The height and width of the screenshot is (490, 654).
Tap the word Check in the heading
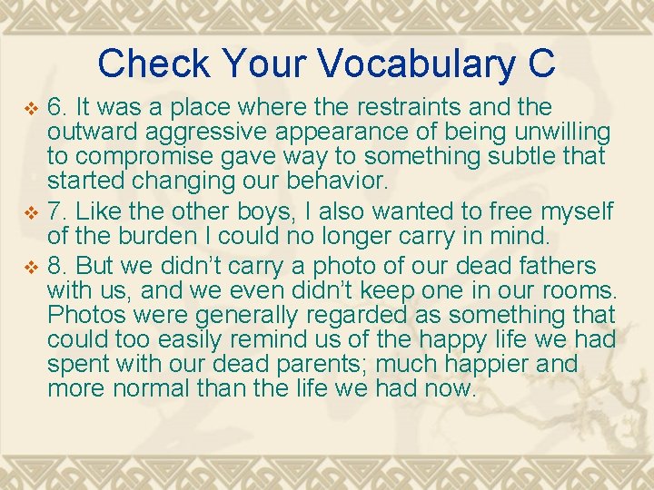[x=153, y=64]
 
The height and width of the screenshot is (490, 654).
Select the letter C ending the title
[x=540, y=64]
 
